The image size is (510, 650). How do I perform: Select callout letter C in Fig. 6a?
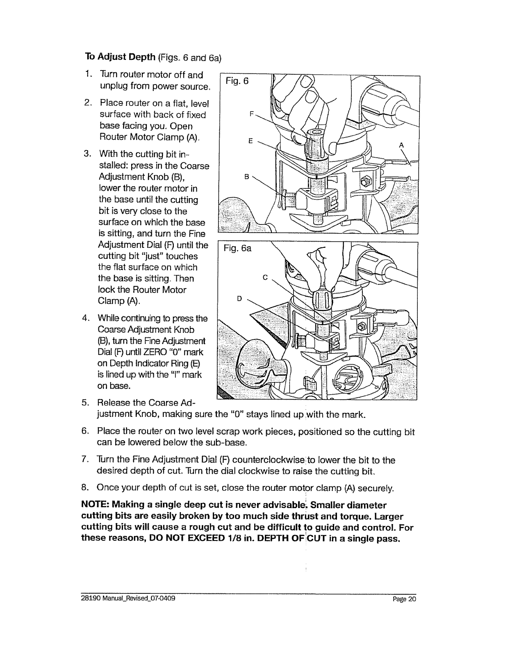pyautogui.click(x=265, y=277)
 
